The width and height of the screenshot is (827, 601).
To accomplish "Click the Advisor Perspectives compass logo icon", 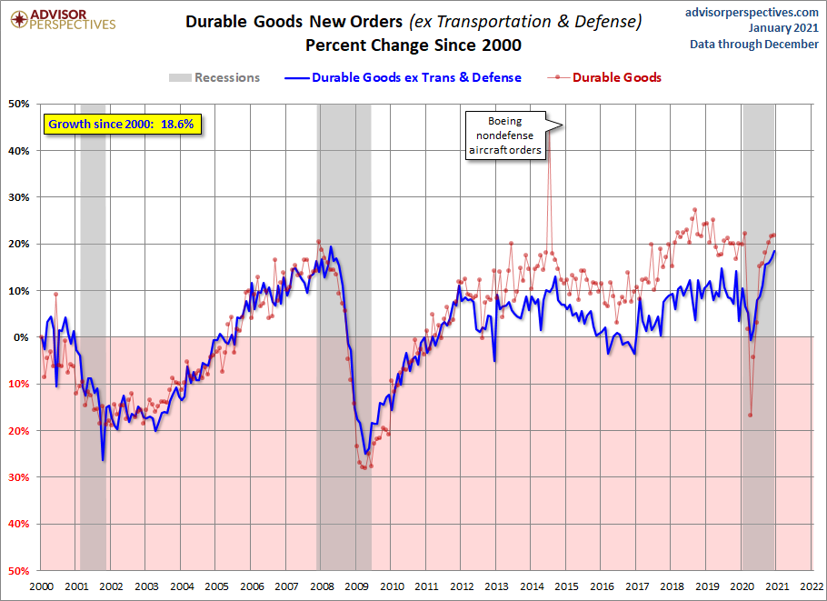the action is tap(19, 19).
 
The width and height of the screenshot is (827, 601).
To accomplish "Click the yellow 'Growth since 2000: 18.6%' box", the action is tap(122, 125).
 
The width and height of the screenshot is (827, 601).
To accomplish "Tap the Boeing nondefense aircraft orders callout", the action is tap(505, 135).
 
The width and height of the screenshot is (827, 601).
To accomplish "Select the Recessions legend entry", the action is tap(214, 77).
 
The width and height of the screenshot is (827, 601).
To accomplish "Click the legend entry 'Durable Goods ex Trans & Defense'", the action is tap(403, 77).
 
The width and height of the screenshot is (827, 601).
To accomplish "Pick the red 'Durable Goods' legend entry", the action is tap(604, 77).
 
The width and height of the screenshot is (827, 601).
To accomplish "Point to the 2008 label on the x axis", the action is tap(322, 586).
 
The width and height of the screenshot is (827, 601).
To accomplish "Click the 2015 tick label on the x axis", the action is tap(567, 586).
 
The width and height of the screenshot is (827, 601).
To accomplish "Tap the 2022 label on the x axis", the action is tap(812, 586).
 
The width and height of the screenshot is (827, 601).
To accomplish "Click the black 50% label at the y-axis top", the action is tap(19, 104).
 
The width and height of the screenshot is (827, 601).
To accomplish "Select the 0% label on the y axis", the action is tap(22, 337).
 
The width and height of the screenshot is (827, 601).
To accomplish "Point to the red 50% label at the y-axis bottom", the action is tap(19, 571).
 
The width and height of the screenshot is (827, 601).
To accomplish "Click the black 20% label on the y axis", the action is tap(19, 245).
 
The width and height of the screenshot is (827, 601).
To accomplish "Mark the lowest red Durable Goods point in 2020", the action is tap(750, 416).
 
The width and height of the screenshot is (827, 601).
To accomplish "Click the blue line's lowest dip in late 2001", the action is tap(103, 460).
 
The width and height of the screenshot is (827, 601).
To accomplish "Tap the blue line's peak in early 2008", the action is tap(331, 247).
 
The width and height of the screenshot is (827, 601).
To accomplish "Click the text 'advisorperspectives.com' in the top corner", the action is tap(752, 12).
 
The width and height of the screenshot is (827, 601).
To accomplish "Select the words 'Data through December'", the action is tap(754, 45).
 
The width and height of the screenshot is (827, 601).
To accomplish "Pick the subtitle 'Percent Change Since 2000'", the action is tap(413, 45).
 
